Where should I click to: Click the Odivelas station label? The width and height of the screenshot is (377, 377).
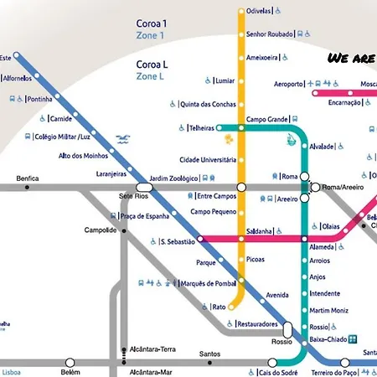[258, 11]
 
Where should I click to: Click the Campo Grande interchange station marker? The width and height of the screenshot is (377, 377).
[242, 128]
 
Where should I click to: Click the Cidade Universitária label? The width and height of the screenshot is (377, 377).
[208, 160]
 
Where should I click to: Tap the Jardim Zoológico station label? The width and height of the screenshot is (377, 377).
[173, 178]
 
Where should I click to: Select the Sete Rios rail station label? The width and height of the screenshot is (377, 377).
[132, 194]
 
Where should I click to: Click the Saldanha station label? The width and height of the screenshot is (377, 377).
[256, 231]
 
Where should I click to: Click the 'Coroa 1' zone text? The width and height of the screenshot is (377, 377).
[152, 24]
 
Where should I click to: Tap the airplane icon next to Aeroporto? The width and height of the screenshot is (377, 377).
[310, 85]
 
